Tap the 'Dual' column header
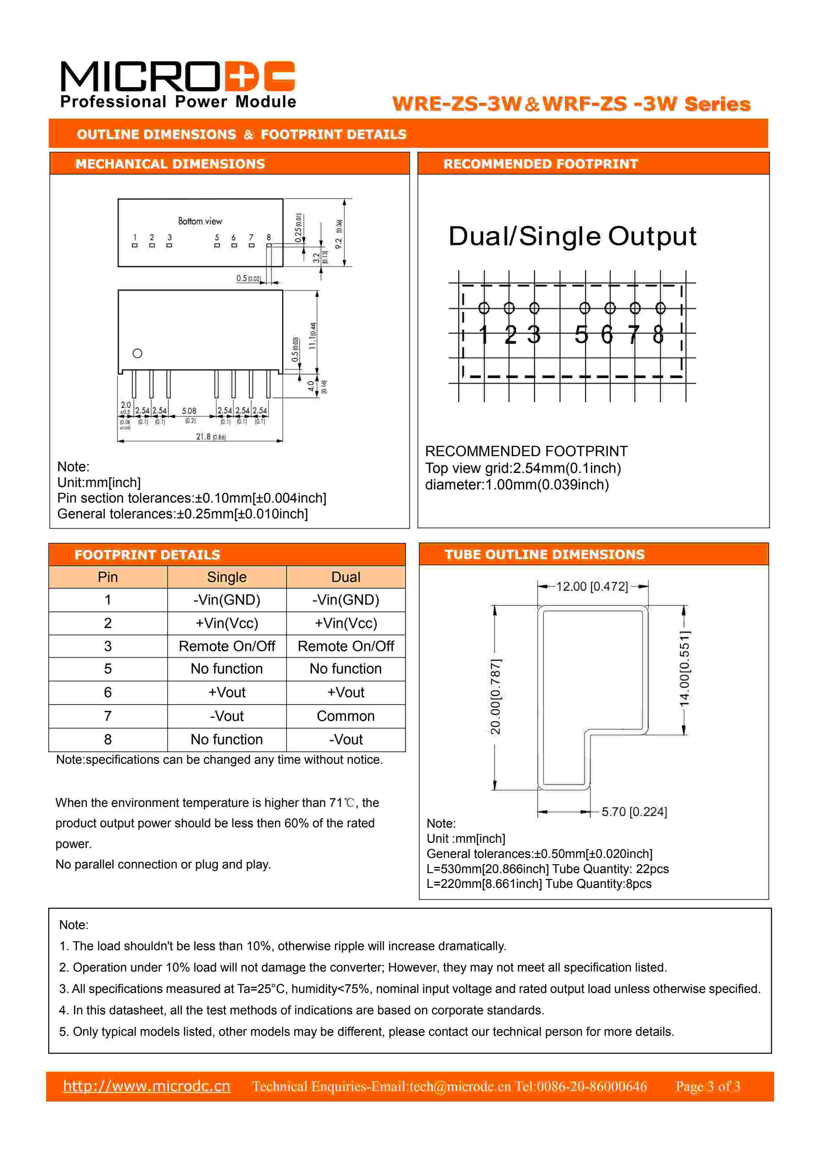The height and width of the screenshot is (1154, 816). (x=345, y=577)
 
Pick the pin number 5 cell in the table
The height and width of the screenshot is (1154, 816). (x=108, y=669)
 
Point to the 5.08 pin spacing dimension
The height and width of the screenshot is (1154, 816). (x=189, y=411)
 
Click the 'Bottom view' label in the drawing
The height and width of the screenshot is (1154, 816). (x=200, y=221)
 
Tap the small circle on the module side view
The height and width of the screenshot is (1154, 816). (x=137, y=353)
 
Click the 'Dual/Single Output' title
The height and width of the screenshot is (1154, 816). (x=572, y=236)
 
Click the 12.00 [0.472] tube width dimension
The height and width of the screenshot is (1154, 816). (x=592, y=587)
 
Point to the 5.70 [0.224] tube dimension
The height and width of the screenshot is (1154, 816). (x=634, y=812)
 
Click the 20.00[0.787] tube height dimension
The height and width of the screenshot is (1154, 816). (x=495, y=697)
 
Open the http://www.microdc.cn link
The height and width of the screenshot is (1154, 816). (x=147, y=1086)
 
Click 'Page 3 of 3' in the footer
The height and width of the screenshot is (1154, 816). (x=707, y=1086)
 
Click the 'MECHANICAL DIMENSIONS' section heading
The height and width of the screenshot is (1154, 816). (x=170, y=164)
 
